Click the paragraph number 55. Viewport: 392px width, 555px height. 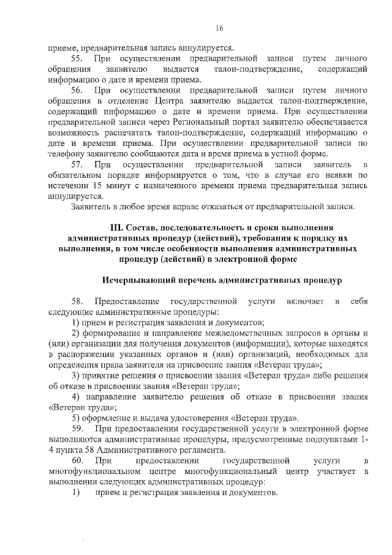[x=77, y=58]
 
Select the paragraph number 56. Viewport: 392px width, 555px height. [x=77, y=90]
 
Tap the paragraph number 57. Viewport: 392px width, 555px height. [x=77, y=165]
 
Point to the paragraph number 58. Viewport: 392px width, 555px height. [x=77, y=301]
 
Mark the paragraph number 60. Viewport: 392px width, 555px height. [x=77, y=460]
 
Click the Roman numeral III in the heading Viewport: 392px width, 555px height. [x=116, y=228]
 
